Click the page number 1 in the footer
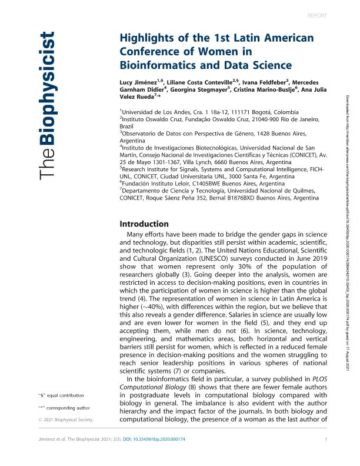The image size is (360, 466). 325,456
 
